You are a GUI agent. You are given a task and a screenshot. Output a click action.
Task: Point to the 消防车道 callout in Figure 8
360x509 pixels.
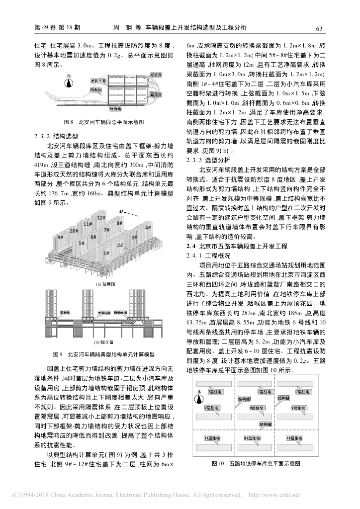click(98, 80)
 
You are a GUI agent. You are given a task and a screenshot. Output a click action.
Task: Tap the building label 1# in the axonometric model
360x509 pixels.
click(106, 253)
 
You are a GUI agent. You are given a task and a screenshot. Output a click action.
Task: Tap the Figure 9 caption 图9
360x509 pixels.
click(57, 354)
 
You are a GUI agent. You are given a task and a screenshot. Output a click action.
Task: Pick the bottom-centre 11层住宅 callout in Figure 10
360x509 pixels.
click(254, 438)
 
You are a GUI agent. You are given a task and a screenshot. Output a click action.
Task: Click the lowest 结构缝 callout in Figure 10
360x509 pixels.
click(265, 424)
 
